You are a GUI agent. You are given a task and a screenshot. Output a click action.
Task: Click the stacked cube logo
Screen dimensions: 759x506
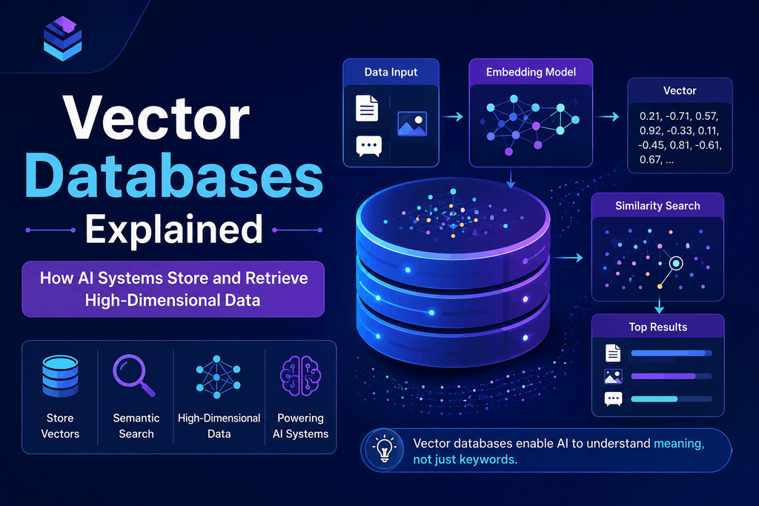point(62,39)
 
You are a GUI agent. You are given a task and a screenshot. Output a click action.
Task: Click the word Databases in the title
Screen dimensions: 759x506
point(174,176)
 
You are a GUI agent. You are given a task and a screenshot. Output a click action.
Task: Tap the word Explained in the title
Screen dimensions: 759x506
point(174,230)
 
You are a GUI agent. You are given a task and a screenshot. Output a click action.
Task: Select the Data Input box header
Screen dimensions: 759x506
point(391,72)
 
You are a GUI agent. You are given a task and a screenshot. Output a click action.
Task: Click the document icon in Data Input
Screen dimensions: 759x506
point(367,108)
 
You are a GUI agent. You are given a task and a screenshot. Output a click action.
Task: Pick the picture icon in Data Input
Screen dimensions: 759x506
point(412,124)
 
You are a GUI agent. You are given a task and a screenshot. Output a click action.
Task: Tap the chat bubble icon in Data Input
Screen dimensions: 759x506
point(369,146)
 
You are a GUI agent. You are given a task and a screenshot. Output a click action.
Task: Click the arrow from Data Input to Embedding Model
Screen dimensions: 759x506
point(453,116)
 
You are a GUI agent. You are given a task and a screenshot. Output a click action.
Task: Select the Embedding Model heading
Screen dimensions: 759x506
point(531,72)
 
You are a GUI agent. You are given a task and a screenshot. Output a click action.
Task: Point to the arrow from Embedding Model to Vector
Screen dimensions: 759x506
point(607,116)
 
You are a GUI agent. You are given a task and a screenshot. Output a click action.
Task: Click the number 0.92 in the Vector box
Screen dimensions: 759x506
point(650,130)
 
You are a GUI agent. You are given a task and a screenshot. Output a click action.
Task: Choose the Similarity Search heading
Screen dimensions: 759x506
point(657,206)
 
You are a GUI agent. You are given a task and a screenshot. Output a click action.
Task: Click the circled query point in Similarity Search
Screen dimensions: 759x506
point(676,263)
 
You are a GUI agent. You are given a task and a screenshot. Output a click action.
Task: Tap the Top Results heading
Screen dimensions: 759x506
point(658,327)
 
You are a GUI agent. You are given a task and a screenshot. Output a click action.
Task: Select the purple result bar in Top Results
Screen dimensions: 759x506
point(663,376)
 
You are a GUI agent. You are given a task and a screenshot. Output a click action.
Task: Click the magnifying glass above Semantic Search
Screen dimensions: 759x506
point(133,376)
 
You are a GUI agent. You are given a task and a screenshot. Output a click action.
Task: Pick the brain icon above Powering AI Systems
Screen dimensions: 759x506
point(300,376)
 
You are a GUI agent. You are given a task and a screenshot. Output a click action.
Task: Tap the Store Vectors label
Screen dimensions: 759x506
point(60,426)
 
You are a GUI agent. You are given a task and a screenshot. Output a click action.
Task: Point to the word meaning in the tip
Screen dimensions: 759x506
point(679,444)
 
